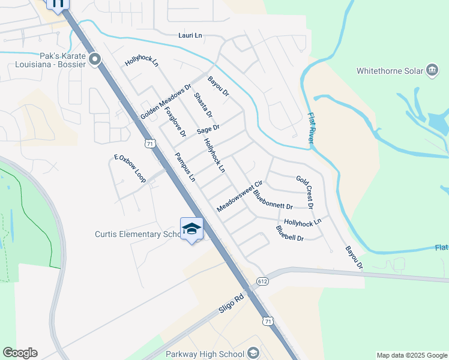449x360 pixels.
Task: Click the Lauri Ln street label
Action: click(190, 36)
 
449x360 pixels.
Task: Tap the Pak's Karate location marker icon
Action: click(94, 59)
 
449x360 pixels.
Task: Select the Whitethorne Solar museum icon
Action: click(432, 70)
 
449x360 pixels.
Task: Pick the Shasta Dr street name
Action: click(203, 105)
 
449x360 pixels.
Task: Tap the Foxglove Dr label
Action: click(175, 122)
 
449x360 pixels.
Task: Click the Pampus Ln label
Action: click(185, 167)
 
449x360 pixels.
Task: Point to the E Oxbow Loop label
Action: click(130, 169)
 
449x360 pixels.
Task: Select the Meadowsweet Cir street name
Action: click(240, 196)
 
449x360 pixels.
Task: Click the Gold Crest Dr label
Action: click(305, 192)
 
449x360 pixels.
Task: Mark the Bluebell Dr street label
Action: click(290, 233)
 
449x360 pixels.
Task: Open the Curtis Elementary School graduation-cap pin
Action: click(191, 229)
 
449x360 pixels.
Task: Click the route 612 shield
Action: click(262, 281)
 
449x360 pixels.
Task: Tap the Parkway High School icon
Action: click(253, 353)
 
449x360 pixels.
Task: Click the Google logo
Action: click(20, 353)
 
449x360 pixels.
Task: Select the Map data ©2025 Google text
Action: click(411, 355)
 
